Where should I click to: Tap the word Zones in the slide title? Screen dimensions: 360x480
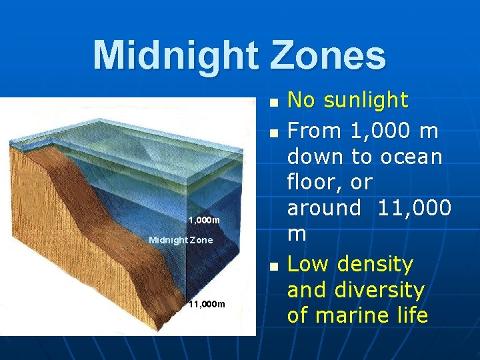[x=328, y=55]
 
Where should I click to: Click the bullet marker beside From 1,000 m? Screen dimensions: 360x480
[x=273, y=133]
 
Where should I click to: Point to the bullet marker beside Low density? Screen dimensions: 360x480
[x=273, y=267]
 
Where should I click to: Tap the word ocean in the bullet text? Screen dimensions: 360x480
[x=412, y=157]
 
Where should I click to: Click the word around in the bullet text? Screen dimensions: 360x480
[x=323, y=208]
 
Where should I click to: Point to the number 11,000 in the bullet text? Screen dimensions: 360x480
[x=414, y=208]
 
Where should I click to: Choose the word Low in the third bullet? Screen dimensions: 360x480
[x=309, y=265]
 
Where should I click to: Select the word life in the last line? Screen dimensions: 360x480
[x=410, y=315]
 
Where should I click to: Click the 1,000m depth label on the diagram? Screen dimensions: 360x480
[x=203, y=220]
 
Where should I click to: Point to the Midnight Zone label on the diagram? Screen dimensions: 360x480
[x=181, y=239]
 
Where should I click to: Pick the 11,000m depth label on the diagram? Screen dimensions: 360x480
[x=207, y=305]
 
